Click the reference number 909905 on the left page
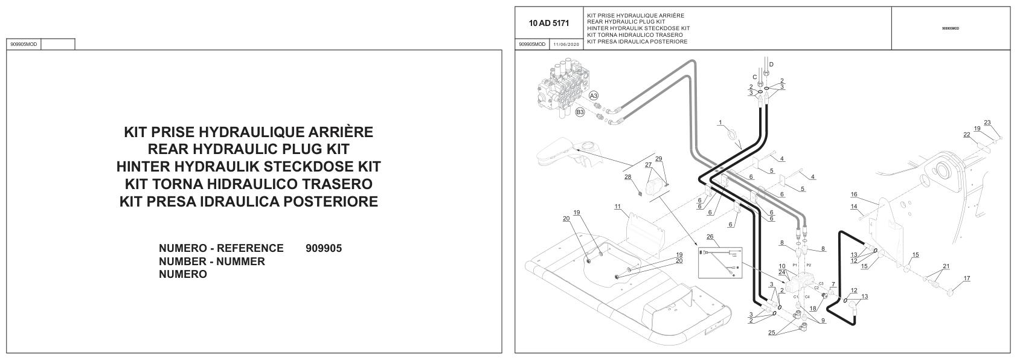(x=324, y=248)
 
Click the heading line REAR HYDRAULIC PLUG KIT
(x=248, y=149)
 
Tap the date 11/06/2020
(x=566, y=44)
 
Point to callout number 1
(x=720, y=123)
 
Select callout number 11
(x=617, y=207)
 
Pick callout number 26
(x=710, y=237)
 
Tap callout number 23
(x=987, y=123)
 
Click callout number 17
(x=966, y=278)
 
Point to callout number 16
(x=853, y=194)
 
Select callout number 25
(x=771, y=333)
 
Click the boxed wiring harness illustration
(x=720, y=262)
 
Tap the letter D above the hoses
(x=771, y=64)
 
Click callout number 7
(x=833, y=284)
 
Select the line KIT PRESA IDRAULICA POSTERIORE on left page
(x=248, y=201)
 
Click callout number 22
(x=966, y=134)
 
